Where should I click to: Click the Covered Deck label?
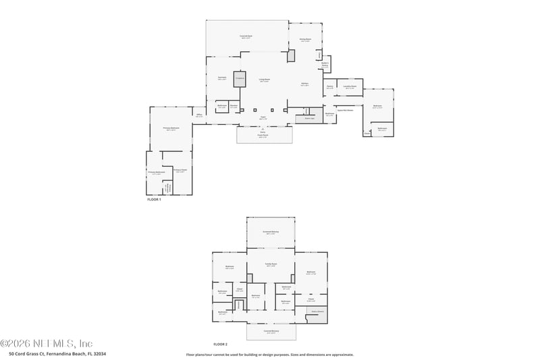pyautogui.click(x=246, y=36)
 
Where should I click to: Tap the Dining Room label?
pyautogui.click(x=305, y=40)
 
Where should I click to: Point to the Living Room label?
pyautogui.click(x=265, y=80)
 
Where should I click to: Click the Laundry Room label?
pyautogui.click(x=349, y=86)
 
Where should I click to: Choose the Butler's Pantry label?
pyautogui.click(x=325, y=65)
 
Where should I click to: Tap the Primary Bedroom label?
pyautogui.click(x=171, y=128)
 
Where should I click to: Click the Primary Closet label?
pyautogui.click(x=180, y=170)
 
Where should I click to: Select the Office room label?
pyautogui.click(x=199, y=115)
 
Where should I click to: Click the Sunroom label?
pyautogui.click(x=221, y=78)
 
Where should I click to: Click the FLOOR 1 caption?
pyautogui.click(x=154, y=200)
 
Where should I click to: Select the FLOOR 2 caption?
pyautogui.click(x=220, y=344)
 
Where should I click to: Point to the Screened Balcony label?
pyautogui.click(x=270, y=232)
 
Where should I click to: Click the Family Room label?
pyautogui.click(x=270, y=265)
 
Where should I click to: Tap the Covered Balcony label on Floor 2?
pyautogui.click(x=270, y=332)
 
